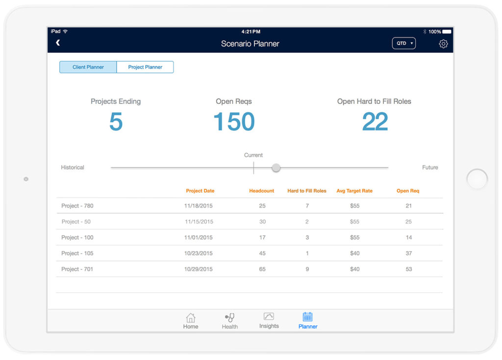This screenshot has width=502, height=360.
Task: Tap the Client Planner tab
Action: point(88,67)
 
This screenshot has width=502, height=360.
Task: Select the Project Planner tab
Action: point(145,67)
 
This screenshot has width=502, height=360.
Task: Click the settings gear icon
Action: point(443,44)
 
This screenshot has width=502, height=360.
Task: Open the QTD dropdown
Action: point(404,43)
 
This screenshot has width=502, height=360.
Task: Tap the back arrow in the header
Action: point(58,43)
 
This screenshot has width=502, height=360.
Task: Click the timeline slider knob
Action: point(276,168)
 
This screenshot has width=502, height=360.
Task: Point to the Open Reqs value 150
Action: point(234,122)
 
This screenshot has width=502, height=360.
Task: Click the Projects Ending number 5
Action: point(116,122)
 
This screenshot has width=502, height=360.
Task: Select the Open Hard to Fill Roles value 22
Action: point(375,122)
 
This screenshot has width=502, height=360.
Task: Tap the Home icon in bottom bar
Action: point(191,317)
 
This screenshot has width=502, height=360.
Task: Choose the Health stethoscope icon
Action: point(229,317)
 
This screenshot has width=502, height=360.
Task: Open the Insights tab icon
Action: point(269,316)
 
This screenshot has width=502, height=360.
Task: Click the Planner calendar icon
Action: point(307,316)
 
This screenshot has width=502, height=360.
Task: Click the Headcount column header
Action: point(262,191)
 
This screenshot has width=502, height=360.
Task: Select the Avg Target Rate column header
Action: point(354,191)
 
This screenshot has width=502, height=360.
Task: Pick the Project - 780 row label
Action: point(77,206)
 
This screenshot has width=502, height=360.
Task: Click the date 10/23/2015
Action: point(199,253)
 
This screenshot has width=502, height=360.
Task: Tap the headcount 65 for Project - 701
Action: point(262,269)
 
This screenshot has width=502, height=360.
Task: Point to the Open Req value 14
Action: point(409,238)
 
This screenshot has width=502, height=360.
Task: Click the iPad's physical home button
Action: point(477,179)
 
